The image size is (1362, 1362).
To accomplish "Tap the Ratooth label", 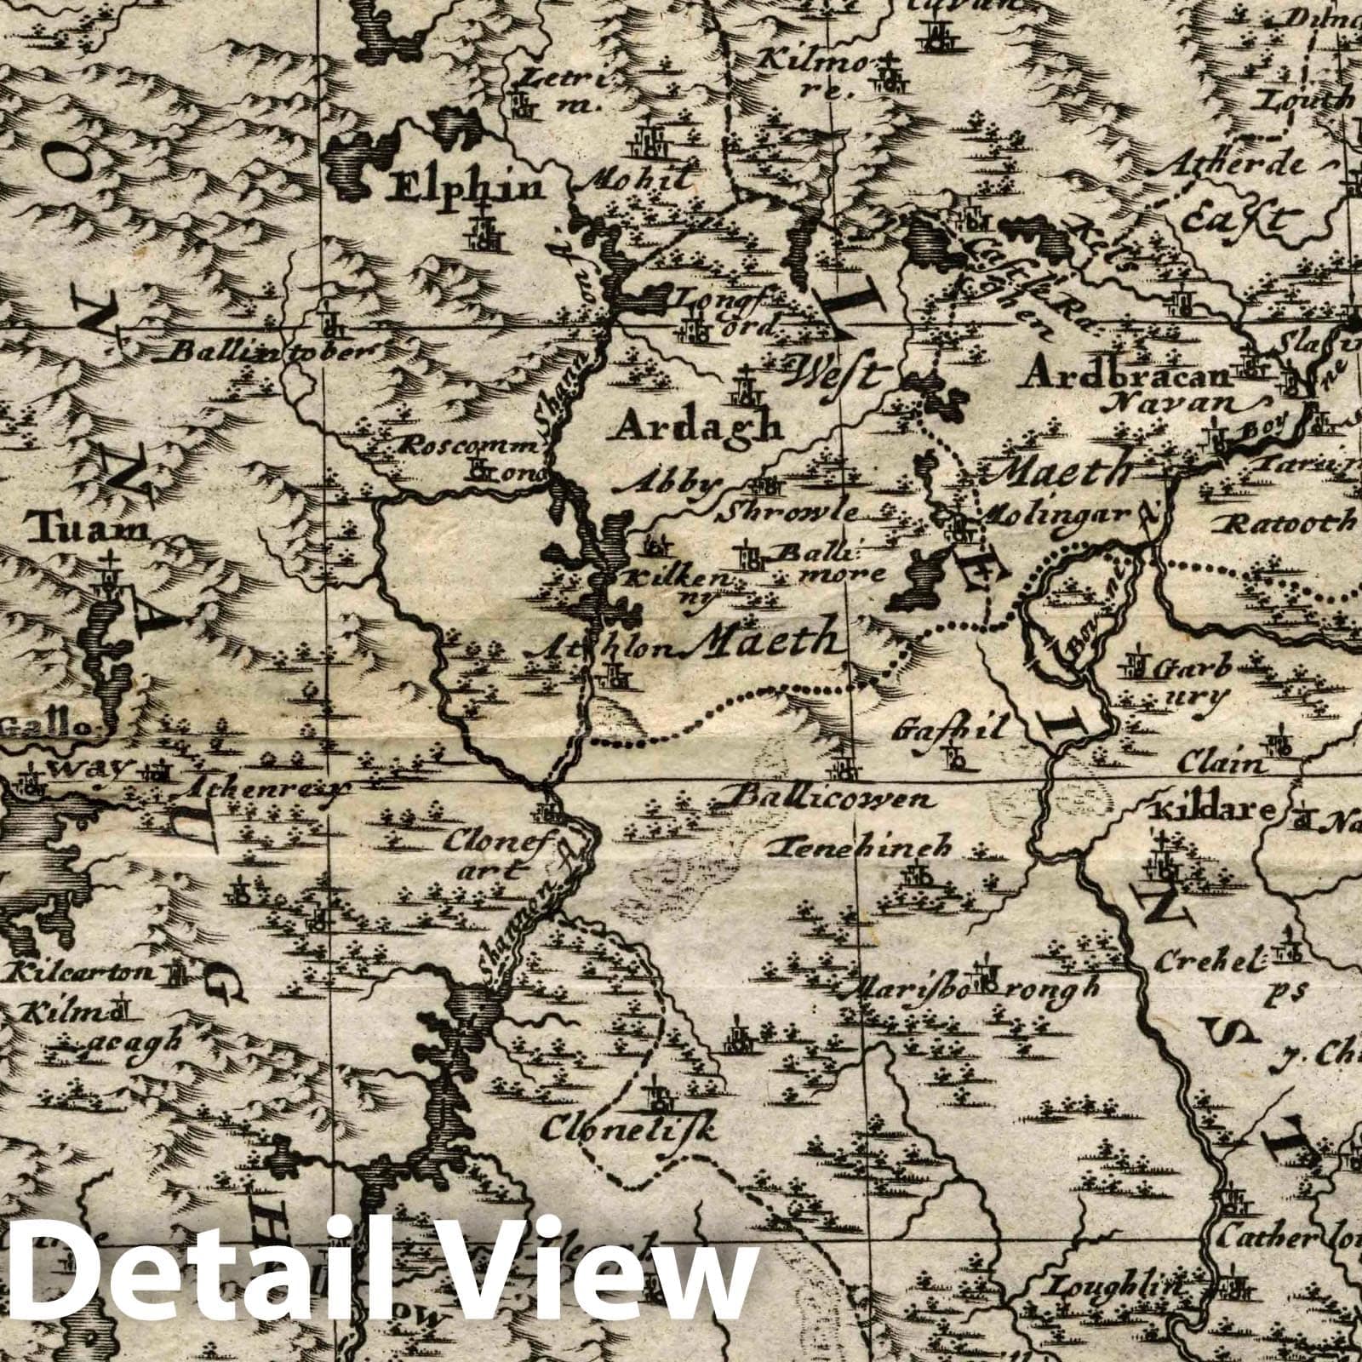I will [1287, 521].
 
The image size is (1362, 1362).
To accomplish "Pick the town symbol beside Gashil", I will [955, 754].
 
